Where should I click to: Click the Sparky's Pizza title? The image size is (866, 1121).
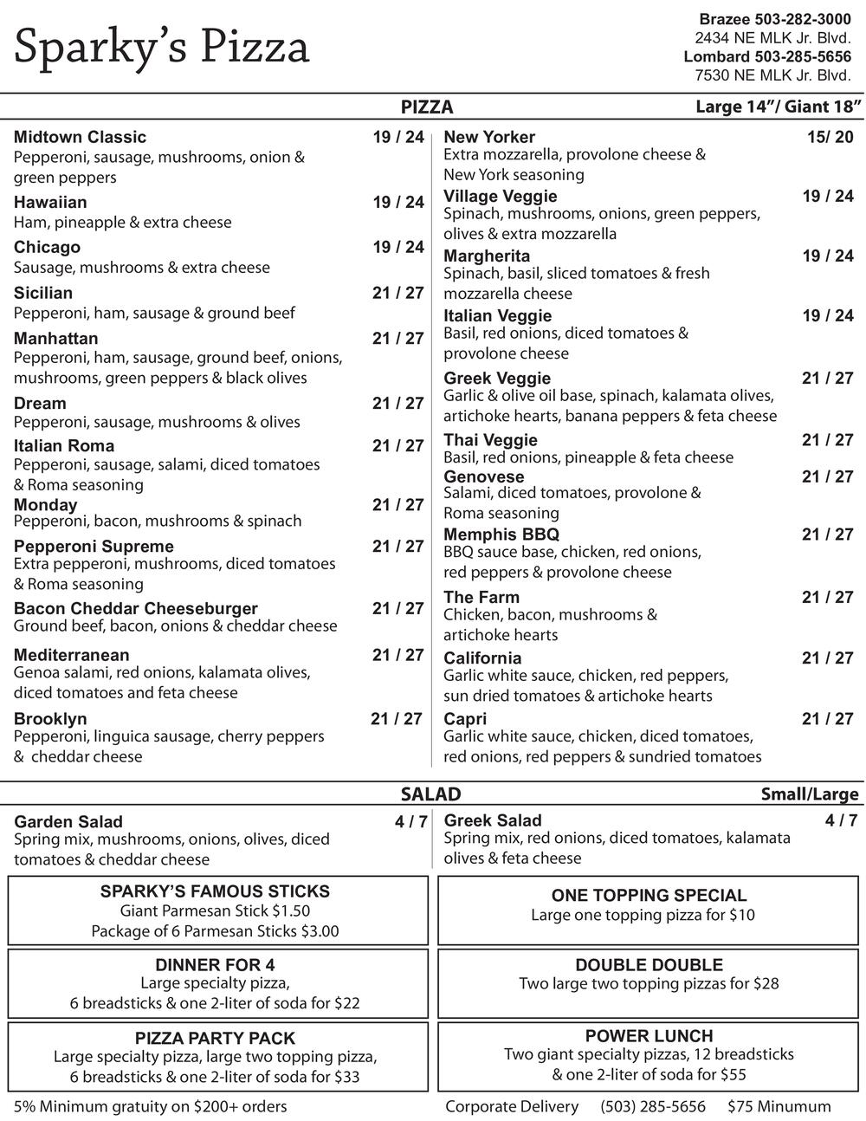[x=161, y=47]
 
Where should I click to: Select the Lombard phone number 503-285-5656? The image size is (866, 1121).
[x=803, y=56]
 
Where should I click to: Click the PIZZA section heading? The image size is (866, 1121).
[x=427, y=107]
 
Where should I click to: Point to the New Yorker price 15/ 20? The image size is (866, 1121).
[x=830, y=137]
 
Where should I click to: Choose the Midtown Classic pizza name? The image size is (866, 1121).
[x=80, y=137]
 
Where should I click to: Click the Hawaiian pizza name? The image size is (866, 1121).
[x=50, y=202]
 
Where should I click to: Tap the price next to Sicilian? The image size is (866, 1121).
[x=398, y=293]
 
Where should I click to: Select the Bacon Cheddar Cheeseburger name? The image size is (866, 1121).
[x=135, y=608]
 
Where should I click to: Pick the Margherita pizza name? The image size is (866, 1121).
[x=487, y=256]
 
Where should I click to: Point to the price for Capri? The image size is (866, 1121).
[x=827, y=718]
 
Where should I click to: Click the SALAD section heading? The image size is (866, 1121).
[x=430, y=794]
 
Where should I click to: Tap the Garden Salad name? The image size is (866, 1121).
[x=68, y=821]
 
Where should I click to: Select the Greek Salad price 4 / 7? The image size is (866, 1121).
[x=841, y=820]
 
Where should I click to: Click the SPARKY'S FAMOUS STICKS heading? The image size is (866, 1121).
[x=215, y=891]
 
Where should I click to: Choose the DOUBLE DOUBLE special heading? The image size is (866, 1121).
[x=649, y=965]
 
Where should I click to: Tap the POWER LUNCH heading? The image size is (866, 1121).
[x=649, y=1036]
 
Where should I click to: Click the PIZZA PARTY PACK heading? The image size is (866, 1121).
[x=215, y=1038]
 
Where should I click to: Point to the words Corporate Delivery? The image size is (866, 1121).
[x=512, y=1106]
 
